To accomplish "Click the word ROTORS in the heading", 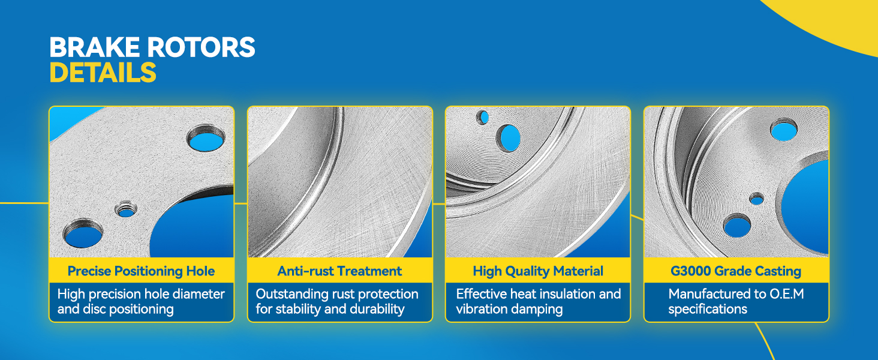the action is pyautogui.click(x=201, y=47).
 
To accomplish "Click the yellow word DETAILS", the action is pyautogui.click(x=103, y=72).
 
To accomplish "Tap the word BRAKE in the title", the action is pyautogui.click(x=95, y=47).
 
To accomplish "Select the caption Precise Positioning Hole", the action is pyautogui.click(x=141, y=271).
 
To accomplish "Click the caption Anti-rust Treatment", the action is pyautogui.click(x=339, y=271).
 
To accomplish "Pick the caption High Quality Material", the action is pyautogui.click(x=538, y=271).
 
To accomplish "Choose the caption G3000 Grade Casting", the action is pyautogui.click(x=736, y=271).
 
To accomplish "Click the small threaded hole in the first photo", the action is pyautogui.click(x=126, y=210).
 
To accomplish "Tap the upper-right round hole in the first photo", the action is pyautogui.click(x=206, y=139).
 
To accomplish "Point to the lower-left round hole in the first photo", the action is pyautogui.click(x=83, y=234).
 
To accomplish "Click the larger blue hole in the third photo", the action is pyautogui.click(x=509, y=138).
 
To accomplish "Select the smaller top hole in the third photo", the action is pyautogui.click(x=483, y=117).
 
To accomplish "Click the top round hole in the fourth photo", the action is pyautogui.click(x=783, y=130).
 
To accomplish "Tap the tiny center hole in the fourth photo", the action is pyautogui.click(x=757, y=199).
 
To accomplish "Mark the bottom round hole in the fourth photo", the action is pyautogui.click(x=737, y=226).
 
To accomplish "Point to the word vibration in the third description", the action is pyautogui.click(x=481, y=309).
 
